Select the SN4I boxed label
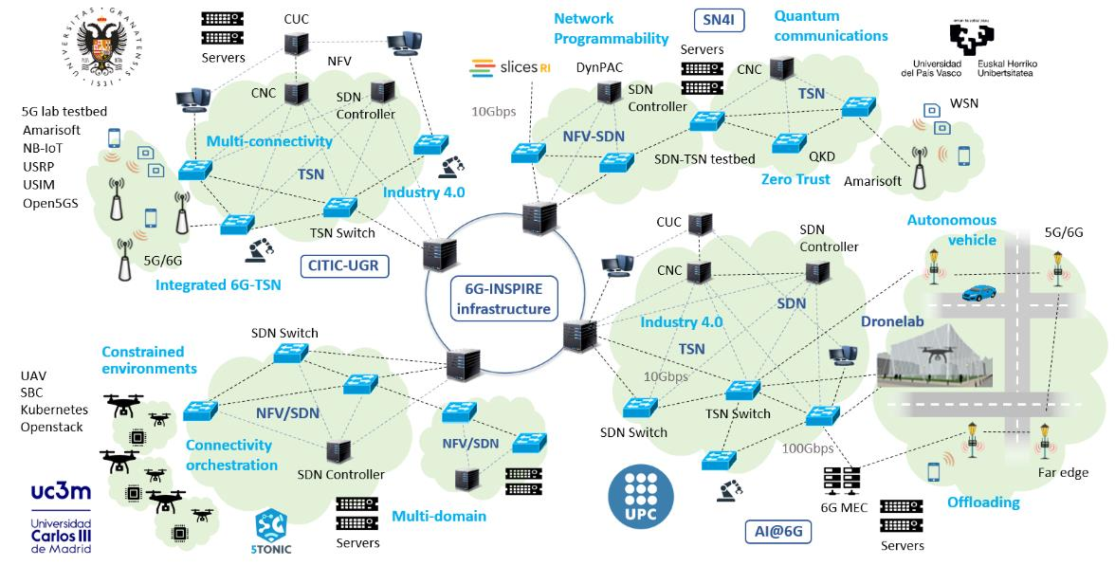717,19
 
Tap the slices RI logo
510,68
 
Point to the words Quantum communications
831,26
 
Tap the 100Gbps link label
808,448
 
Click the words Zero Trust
795,179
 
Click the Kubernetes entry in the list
54,410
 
